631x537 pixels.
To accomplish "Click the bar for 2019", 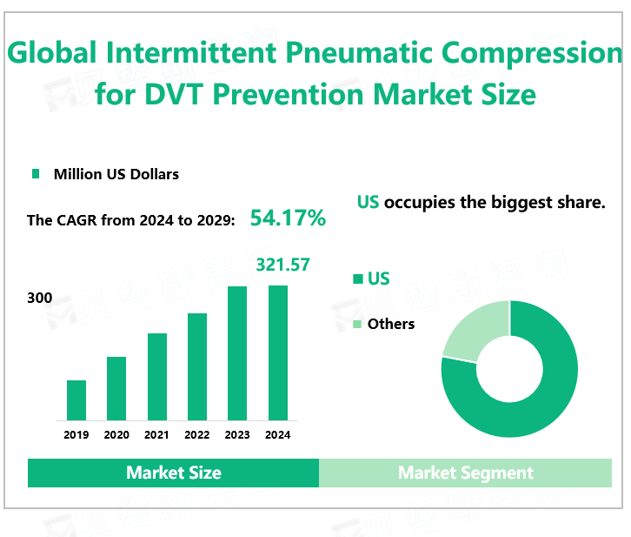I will click(x=76, y=400).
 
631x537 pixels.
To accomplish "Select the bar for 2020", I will click(x=116, y=388).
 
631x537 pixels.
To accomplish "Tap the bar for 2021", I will click(x=157, y=377).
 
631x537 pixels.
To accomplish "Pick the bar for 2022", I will click(x=197, y=366).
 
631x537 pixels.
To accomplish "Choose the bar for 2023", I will click(x=237, y=353).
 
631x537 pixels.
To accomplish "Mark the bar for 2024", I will click(x=277, y=352).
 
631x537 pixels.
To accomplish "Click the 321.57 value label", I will click(x=282, y=265).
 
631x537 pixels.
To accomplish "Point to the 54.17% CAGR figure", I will click(x=288, y=218).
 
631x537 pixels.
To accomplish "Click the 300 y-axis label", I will click(x=40, y=298).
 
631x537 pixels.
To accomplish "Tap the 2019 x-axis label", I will click(x=76, y=435).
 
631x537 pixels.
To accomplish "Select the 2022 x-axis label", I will click(x=197, y=435).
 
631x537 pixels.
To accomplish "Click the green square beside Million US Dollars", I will click(x=36, y=174).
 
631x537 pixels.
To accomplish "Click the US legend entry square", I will click(x=356, y=279).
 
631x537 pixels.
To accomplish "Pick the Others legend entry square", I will click(x=356, y=325).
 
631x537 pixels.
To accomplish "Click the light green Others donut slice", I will click(x=472, y=332).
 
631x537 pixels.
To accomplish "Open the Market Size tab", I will click(x=174, y=473).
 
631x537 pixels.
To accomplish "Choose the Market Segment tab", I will click(x=466, y=473).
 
